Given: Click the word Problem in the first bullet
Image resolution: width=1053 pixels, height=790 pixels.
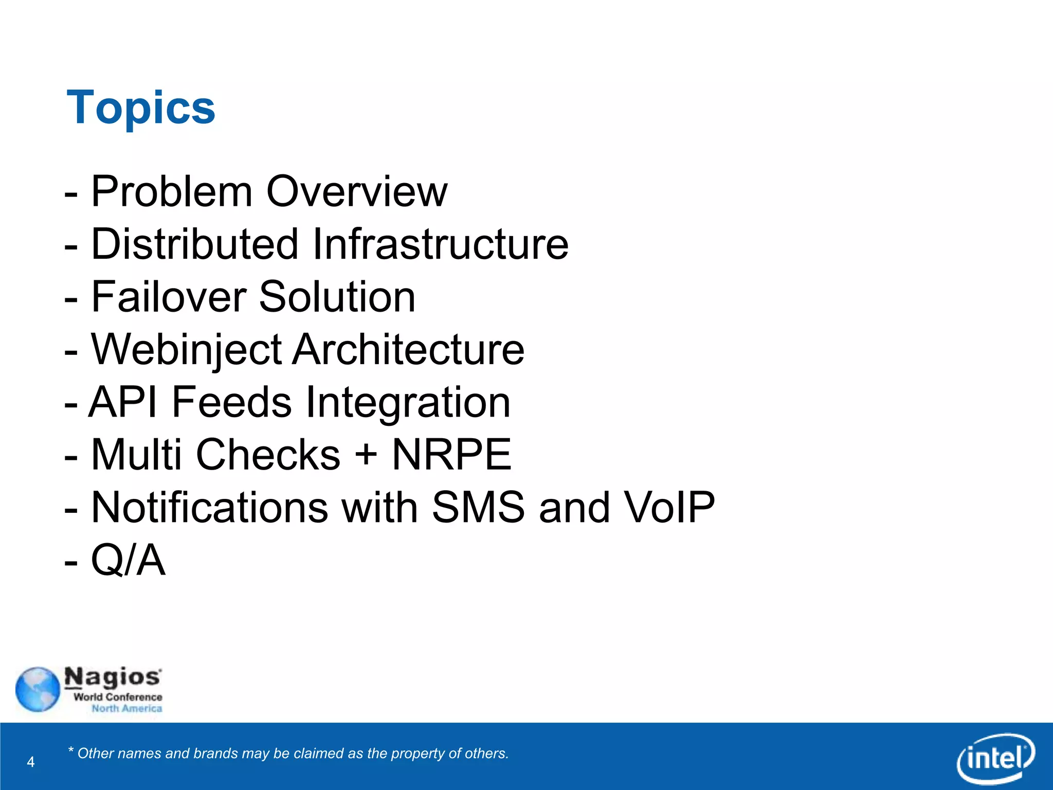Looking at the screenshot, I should tap(171, 191).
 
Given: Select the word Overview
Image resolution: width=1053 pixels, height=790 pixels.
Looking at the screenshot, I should tap(357, 191).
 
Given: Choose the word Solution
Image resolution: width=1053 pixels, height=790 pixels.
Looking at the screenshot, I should tap(337, 297).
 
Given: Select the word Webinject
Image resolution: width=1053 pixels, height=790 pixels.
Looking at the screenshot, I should tap(186, 350).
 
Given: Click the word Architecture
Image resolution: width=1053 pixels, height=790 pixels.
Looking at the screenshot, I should tap(409, 350).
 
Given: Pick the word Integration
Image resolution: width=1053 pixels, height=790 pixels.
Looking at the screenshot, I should tap(408, 402).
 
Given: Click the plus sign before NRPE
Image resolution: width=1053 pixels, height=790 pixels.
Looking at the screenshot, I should tap(366, 455).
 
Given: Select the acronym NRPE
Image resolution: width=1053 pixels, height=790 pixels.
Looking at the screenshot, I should tap(451, 455).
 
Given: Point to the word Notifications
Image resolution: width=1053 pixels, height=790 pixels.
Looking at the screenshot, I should tap(209, 508).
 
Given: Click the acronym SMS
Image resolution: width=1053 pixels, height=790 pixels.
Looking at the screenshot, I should tap(478, 508).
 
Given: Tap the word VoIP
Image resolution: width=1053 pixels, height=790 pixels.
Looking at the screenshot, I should tap(669, 508).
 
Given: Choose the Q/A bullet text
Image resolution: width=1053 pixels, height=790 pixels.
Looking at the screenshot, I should tap(128, 560).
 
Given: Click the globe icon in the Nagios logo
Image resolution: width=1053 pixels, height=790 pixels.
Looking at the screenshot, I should tap(38, 689).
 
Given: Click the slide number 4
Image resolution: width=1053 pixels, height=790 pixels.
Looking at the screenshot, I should tap(31, 762).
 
